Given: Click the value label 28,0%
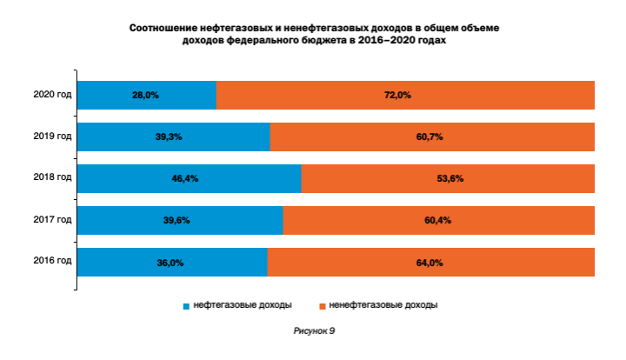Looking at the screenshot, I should coord(145,95).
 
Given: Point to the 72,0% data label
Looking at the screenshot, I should coord(397,95).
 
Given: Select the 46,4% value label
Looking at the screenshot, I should coord(186,178).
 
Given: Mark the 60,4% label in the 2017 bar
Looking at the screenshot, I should coord(437,221).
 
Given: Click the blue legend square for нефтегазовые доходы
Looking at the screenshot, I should coord(185,306).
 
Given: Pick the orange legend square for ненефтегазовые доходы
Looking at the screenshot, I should coord(322,306).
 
